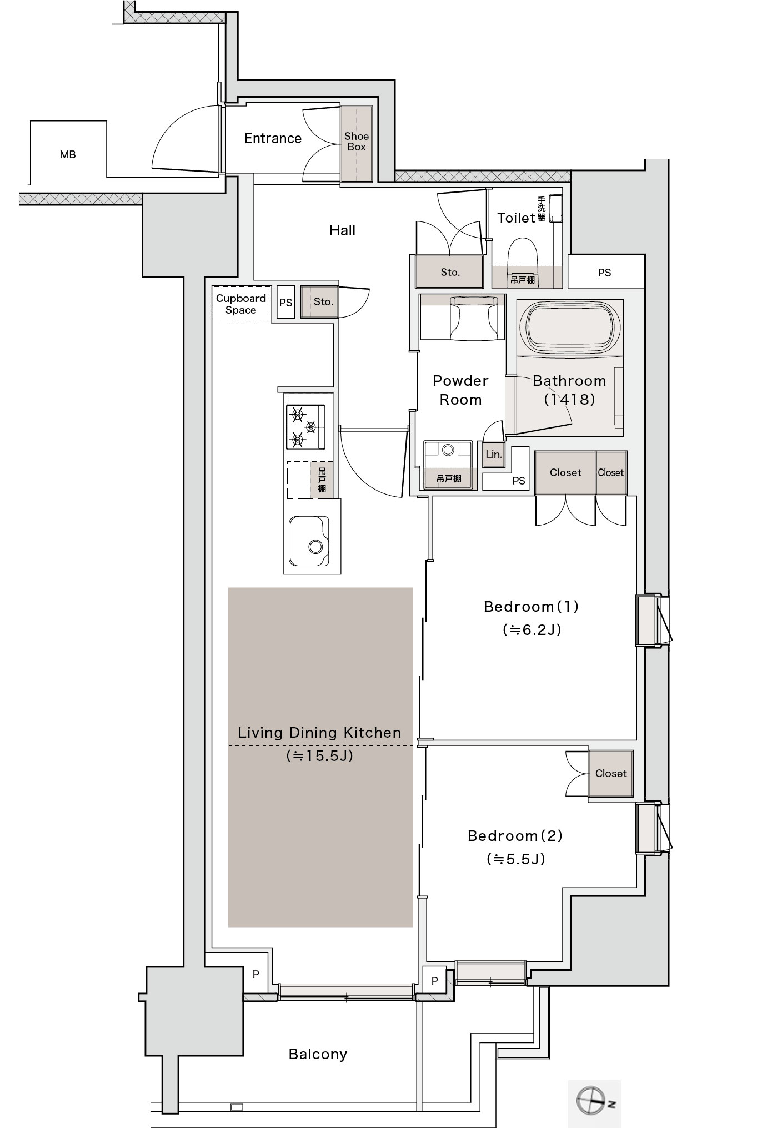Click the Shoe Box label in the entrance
(x=356, y=142)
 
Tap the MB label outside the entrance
(x=68, y=155)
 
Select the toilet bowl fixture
(x=523, y=253)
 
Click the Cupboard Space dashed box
(x=242, y=303)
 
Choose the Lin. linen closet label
(x=493, y=454)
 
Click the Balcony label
(x=318, y=1054)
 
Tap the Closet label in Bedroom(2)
(x=611, y=773)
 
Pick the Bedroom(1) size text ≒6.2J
(x=532, y=629)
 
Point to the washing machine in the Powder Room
(x=448, y=465)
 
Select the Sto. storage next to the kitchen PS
(x=319, y=302)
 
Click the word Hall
(x=342, y=230)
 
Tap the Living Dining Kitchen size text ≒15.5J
(x=319, y=756)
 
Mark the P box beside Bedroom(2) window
(x=434, y=980)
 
